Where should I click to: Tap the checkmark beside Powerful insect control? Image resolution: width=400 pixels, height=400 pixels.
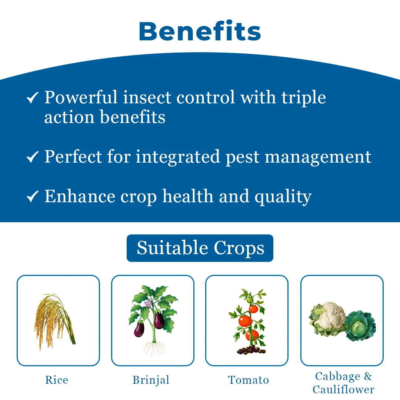(x=32, y=98)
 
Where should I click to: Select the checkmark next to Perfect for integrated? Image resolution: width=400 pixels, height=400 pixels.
(x=32, y=157)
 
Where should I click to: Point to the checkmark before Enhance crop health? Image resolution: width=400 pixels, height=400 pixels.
(x=32, y=196)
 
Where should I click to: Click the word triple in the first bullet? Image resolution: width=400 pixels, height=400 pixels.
(x=304, y=98)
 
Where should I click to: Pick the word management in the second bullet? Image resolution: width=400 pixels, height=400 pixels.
(x=318, y=157)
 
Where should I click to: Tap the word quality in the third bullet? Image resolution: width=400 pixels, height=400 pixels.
(x=283, y=197)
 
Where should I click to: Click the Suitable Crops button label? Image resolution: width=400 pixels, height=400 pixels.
(x=200, y=248)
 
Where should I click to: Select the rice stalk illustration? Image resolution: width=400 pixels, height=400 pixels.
(x=54, y=321)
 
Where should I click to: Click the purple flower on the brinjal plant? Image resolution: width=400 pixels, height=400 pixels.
(x=148, y=303)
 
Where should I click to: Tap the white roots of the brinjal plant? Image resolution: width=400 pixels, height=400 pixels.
(x=154, y=348)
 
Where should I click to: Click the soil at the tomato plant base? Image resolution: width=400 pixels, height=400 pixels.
(x=251, y=350)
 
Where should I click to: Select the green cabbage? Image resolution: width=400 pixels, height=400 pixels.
(x=360, y=326)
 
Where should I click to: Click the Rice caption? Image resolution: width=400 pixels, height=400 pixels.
(x=57, y=380)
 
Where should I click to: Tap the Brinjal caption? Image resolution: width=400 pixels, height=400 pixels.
(x=151, y=380)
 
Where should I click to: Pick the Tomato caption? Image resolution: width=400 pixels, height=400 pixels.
(x=249, y=380)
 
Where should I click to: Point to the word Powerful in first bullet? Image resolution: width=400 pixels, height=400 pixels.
(x=81, y=97)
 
